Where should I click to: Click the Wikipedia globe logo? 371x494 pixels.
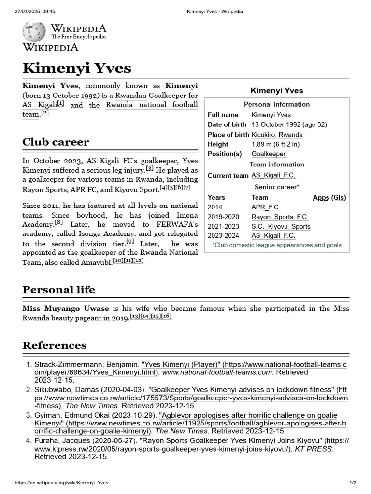[34, 32]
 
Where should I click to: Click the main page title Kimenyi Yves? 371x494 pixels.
[77, 68]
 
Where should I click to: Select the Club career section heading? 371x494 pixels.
[56, 142]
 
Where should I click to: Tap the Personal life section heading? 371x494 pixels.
[58, 289]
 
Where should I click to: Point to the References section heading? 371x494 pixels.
[55, 345]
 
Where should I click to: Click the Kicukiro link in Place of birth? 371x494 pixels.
[263, 135]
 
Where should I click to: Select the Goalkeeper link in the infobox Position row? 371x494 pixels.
[268, 154]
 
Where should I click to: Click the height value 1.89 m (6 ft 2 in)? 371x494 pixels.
[275, 144]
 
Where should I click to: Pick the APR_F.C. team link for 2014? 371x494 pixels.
[266, 207]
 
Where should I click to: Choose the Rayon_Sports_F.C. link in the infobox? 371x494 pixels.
[280, 217]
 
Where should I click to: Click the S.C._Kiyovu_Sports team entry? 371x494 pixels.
[281, 226]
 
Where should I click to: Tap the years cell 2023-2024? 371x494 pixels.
[224, 236]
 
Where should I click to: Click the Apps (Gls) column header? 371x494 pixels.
[329, 197]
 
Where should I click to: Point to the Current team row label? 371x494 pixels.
[228, 176]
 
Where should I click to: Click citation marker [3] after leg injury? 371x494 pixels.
[150, 168]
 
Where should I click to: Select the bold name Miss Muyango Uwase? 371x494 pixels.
[66, 308]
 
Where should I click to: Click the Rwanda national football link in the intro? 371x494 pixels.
[152, 105]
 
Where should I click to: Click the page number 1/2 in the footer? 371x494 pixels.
[353, 483]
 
